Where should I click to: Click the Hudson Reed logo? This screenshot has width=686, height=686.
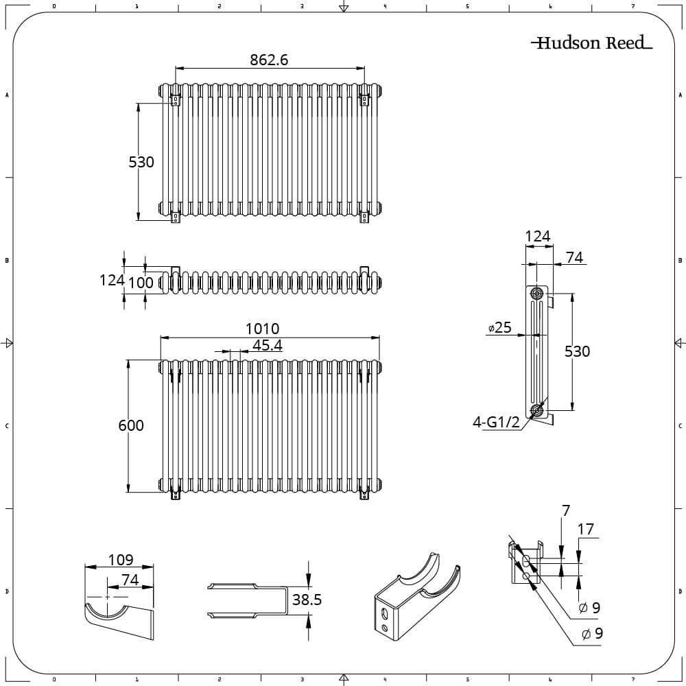pos(591,43)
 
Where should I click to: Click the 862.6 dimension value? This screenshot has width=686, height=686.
pos(269,60)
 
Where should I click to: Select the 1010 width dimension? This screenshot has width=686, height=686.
pos(263,329)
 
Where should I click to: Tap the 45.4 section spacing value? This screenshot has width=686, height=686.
pos(268,345)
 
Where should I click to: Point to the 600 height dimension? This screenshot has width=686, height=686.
pos(131,425)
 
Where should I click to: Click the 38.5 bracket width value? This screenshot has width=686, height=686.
pos(307,600)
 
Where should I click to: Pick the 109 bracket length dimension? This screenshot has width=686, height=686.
pos(121,560)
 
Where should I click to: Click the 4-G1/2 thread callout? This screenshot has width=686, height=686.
pos(496,422)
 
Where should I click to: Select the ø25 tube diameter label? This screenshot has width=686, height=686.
pos(499,327)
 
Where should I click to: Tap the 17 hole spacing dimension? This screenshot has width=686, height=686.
pos(585,530)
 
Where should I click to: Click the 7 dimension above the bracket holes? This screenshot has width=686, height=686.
pos(566,510)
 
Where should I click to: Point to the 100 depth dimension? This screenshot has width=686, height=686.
pos(141,283)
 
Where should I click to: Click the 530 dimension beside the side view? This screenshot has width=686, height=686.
pos(577,351)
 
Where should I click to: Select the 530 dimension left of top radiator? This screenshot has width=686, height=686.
pos(141,163)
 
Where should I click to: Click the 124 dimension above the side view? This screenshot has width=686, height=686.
pos(538,236)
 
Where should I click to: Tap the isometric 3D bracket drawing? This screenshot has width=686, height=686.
pos(417,597)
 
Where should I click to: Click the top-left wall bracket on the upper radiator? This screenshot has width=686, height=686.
pos(176,99)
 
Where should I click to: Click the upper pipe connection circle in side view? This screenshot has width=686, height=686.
pos(536,293)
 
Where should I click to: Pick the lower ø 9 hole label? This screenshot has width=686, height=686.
pos(593,633)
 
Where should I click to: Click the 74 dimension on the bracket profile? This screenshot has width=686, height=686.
pos(130,580)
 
